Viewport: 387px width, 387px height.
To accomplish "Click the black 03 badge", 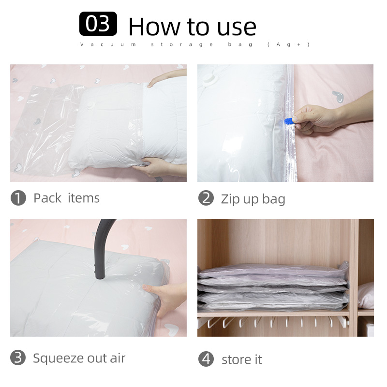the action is click(x=98, y=24).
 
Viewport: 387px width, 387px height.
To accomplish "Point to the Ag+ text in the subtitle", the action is click(x=288, y=45).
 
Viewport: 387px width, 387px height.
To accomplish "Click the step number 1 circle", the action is click(x=18, y=198).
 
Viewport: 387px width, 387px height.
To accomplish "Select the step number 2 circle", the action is click(x=206, y=198).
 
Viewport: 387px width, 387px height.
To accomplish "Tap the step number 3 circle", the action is click(x=18, y=357).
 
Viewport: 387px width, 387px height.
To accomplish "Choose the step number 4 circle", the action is click(x=206, y=359).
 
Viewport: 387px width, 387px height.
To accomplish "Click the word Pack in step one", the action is click(x=47, y=198).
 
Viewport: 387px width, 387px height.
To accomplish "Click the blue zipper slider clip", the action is click(x=288, y=121).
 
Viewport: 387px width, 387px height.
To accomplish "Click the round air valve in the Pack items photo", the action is click(x=91, y=104).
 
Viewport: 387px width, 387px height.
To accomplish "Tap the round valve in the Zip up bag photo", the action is click(x=210, y=79).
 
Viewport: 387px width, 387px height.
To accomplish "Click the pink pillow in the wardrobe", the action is click(x=366, y=296).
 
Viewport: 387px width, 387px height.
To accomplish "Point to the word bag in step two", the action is click(x=273, y=199).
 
